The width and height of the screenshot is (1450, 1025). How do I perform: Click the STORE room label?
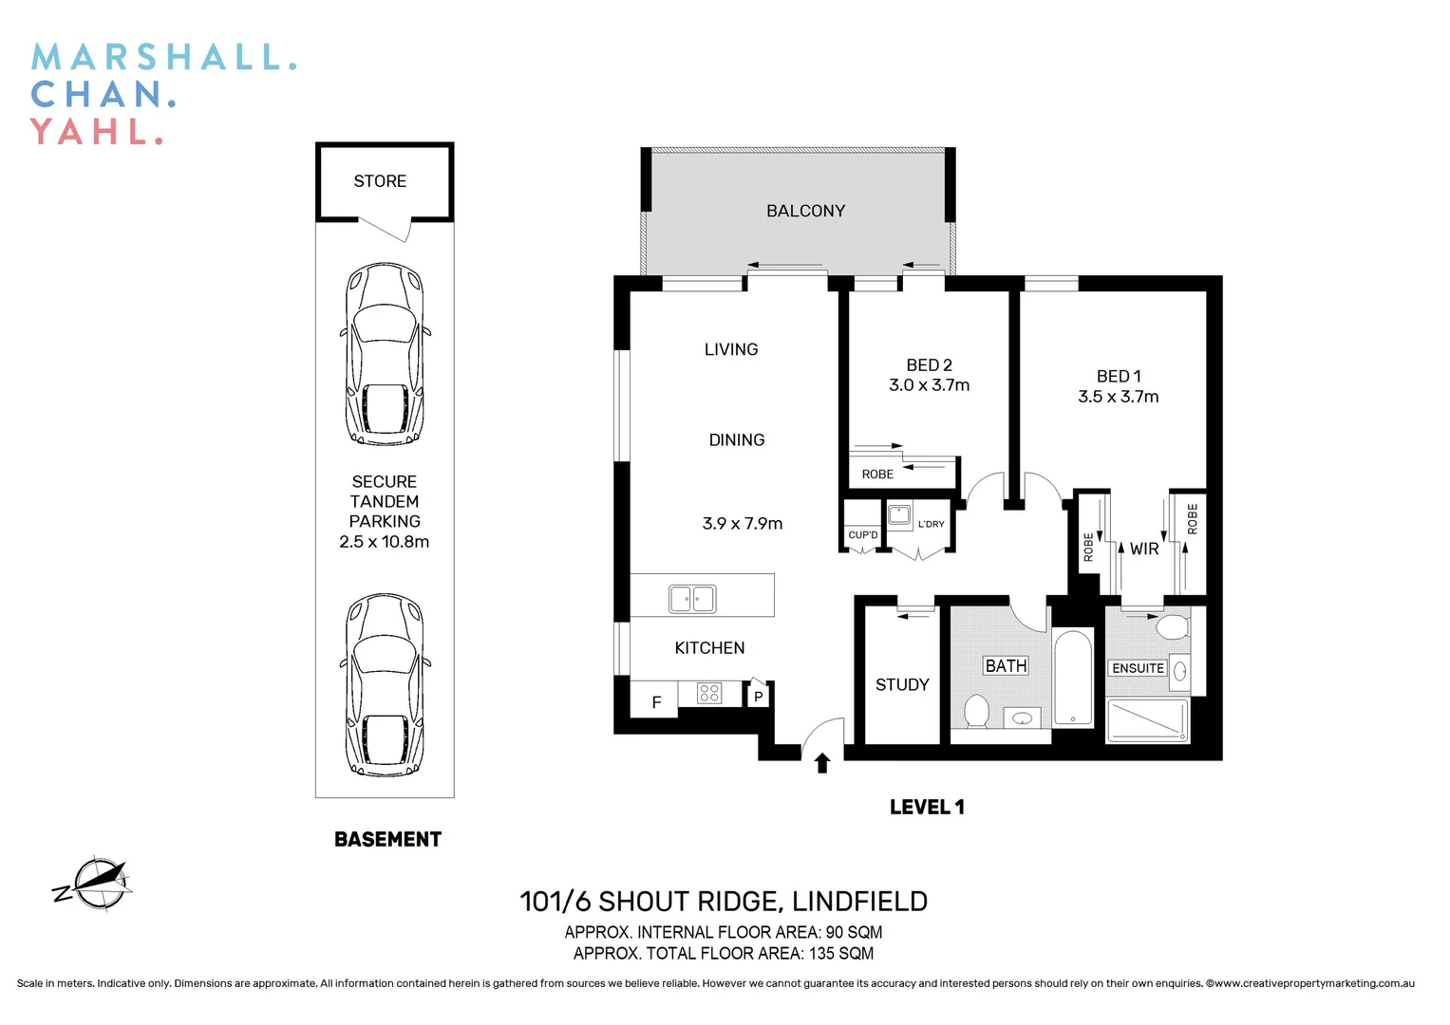pos(380,181)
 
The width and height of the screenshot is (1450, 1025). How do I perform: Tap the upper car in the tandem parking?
pos(385,355)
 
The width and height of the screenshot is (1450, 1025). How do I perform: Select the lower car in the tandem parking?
pos(385,686)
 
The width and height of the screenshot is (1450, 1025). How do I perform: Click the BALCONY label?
pos(805,211)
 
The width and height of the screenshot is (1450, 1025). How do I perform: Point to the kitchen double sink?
pos(692,599)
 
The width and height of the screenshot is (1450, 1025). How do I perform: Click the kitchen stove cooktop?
pos(709,694)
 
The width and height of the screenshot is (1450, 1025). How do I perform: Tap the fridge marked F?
pos(655,702)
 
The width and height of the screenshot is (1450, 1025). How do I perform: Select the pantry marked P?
pos(758,697)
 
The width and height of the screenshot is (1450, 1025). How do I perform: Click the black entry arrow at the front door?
pos(822,762)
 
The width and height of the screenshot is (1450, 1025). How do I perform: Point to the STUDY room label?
pos(902,684)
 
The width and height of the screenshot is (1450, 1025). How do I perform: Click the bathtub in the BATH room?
pos(1073,678)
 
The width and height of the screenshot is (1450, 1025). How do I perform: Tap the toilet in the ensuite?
pos(1173,626)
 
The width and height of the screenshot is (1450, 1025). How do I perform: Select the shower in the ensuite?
pos(1148,720)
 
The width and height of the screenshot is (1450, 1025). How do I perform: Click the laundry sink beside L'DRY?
pos(899,516)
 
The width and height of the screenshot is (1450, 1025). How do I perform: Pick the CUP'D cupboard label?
pos(863,535)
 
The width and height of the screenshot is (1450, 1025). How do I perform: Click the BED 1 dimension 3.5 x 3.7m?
pos(1118,397)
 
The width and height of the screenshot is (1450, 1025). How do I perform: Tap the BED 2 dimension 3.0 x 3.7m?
pos(929,385)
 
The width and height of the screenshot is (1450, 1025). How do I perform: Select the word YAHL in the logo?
pos(95,131)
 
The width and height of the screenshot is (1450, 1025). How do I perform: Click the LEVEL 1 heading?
pos(927,807)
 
